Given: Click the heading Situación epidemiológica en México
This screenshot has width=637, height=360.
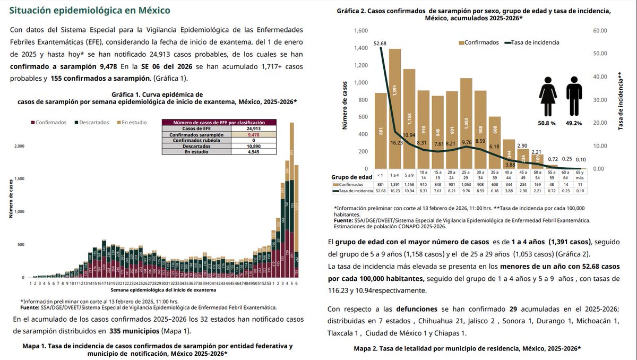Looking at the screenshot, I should pyautogui.click(x=90, y=10).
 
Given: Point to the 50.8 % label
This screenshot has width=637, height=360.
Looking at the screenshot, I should pyautogui.click(x=546, y=123).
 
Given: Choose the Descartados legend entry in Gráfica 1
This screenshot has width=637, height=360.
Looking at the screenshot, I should pyautogui.click(x=92, y=123).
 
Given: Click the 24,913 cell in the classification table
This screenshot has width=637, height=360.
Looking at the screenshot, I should pyautogui.click(x=248, y=128).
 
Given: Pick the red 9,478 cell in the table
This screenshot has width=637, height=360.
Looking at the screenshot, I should pyautogui.click(x=248, y=135).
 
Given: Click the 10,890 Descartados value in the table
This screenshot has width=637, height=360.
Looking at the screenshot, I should pyautogui.click(x=248, y=146).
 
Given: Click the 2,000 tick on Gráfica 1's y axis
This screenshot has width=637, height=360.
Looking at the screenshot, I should pyautogui.click(x=19, y=145).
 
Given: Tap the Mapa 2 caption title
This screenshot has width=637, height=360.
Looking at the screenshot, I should pyautogui.click(x=467, y=348).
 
